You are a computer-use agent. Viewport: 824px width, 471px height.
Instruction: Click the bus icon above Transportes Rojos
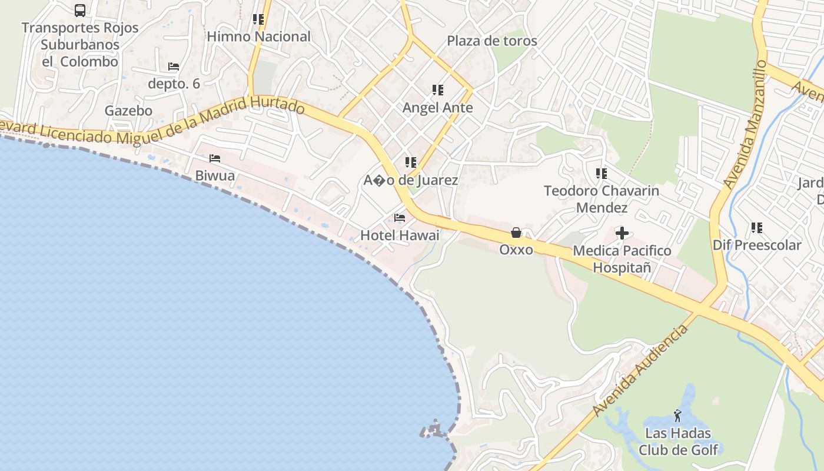pos(80,11)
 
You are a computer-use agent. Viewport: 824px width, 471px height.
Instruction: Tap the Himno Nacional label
pos(258,37)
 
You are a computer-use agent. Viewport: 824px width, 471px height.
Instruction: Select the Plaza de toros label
pos(492,41)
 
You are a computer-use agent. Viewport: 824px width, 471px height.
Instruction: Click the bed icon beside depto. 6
pos(174,67)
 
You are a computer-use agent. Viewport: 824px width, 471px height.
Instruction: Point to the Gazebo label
pos(128,111)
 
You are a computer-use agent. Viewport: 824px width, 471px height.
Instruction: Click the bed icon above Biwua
pos(215,158)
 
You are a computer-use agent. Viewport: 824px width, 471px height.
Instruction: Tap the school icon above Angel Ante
pos(437,90)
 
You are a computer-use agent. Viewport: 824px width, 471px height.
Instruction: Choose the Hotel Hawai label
pos(400,235)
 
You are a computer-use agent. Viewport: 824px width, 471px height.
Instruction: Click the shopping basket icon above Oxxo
pos(516,233)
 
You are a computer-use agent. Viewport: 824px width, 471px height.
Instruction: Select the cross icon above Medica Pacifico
pos(622,233)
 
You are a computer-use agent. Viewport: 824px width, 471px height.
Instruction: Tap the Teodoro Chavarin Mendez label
pos(602,199)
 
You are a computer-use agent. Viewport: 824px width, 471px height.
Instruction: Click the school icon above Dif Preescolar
pos(757,228)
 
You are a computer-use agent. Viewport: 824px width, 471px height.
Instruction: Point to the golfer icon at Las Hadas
pos(678,416)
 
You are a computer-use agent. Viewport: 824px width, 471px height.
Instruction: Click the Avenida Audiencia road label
pos(641,370)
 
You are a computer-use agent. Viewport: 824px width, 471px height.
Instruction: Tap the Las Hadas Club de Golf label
pos(678,442)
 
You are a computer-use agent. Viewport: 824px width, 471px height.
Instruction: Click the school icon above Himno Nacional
pos(258,19)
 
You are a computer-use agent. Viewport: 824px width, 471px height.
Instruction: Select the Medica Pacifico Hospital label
pos(622,259)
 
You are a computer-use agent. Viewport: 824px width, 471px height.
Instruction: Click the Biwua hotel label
pos(215,175)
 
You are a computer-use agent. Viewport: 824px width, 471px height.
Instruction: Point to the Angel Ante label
pos(437,108)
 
